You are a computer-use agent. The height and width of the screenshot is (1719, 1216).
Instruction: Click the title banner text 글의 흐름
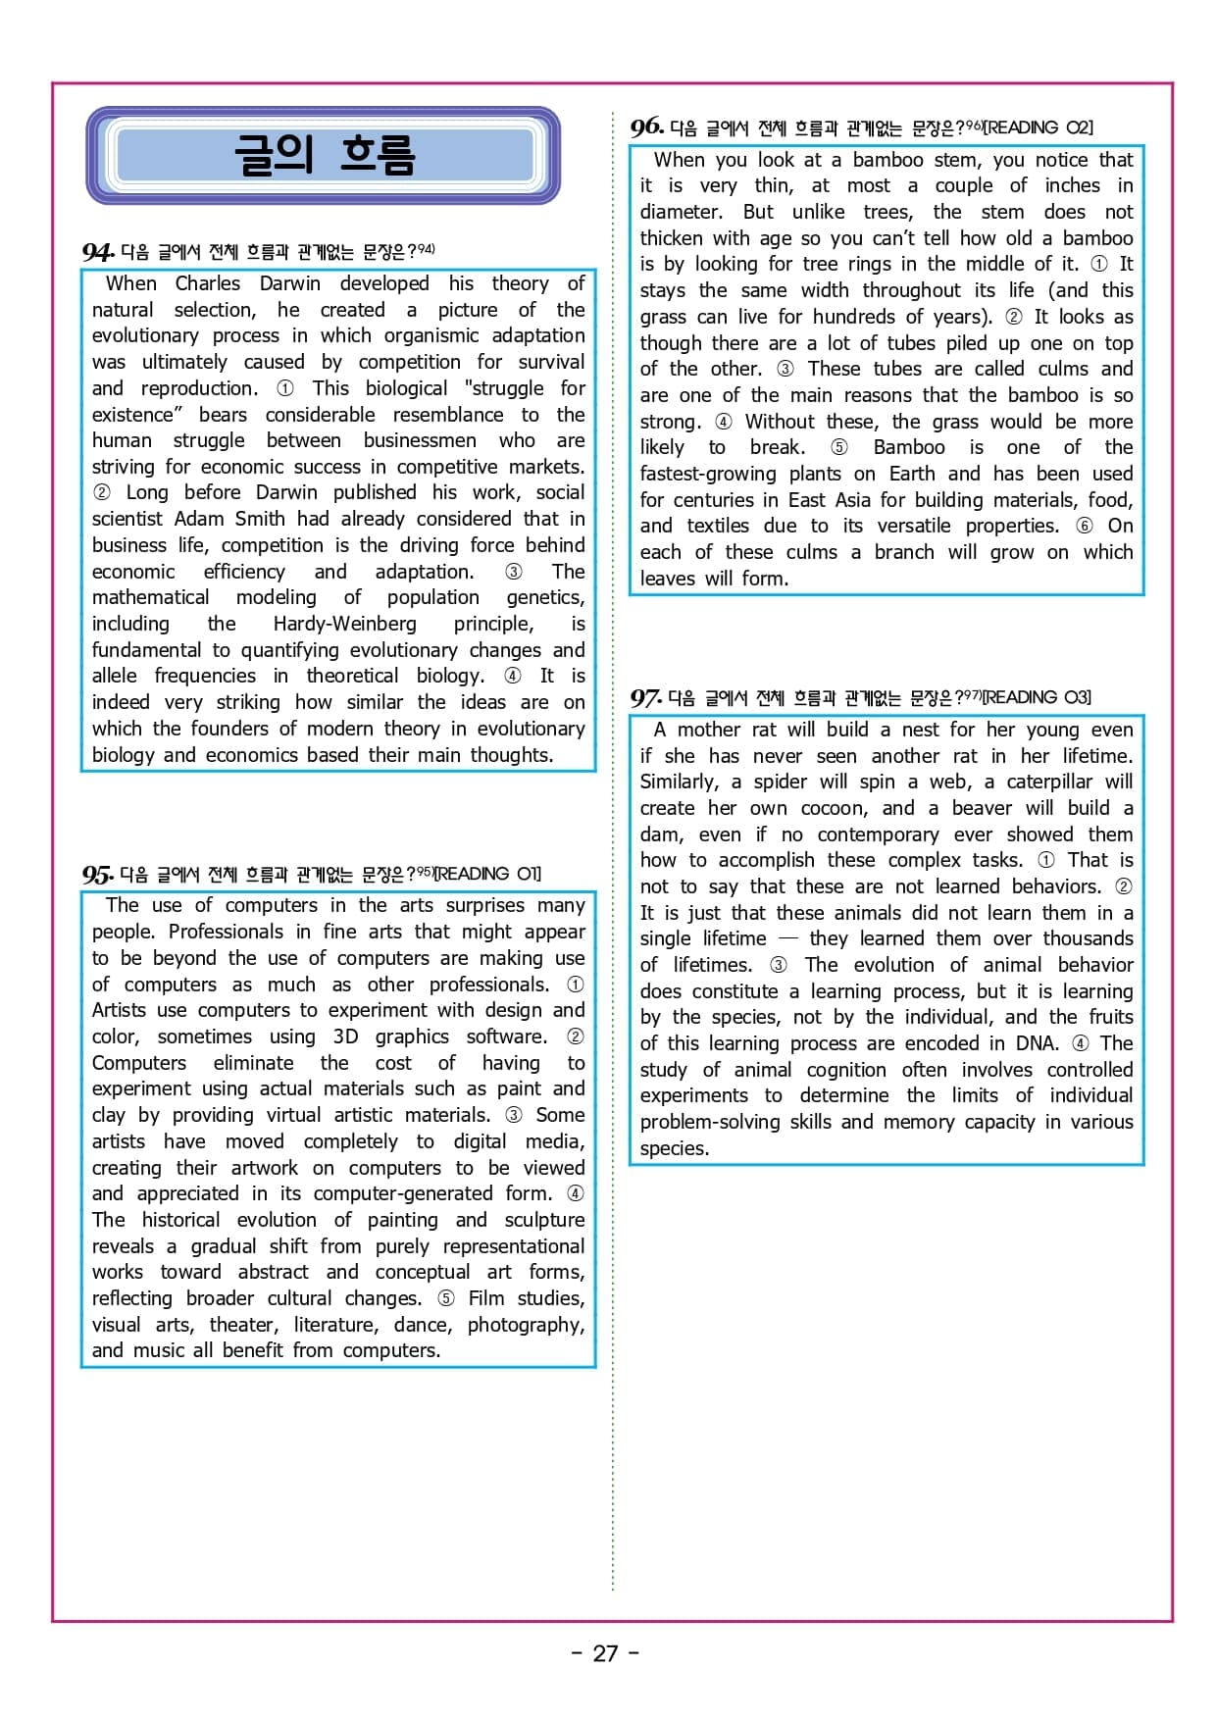pos(324,155)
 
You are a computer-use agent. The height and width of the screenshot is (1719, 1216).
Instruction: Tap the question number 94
pos(97,253)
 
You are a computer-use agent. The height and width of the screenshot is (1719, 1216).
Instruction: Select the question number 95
pos(97,875)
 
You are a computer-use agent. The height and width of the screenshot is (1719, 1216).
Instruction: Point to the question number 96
pos(646,127)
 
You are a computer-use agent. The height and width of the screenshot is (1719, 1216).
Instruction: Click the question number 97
pos(645,698)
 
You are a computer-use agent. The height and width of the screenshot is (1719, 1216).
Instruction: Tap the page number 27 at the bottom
pos(605,1653)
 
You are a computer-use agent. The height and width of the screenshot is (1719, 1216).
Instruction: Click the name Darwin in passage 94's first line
pos(289,283)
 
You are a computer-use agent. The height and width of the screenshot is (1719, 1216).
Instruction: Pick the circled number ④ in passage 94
pos(512,676)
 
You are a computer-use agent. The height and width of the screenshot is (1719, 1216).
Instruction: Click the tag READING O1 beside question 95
pos(488,874)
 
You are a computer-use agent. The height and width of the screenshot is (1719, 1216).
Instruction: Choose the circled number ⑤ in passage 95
pos(445,1298)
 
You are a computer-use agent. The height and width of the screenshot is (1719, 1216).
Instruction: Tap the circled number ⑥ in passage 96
pos(1084,526)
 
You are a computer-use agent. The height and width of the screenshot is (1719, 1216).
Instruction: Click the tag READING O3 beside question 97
pos(1038,697)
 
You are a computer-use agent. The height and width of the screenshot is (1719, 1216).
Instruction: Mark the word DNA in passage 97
pos(1036,1043)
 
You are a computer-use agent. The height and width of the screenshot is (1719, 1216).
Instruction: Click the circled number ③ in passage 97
pos(778,965)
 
